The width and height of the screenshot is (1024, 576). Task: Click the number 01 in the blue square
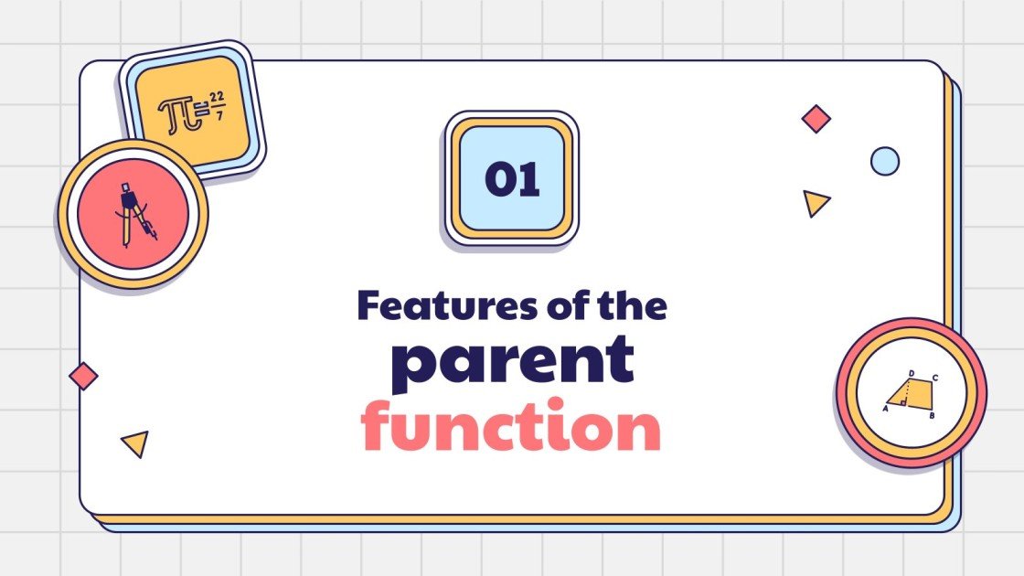pyautogui.click(x=512, y=179)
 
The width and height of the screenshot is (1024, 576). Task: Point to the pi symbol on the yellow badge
pyautogui.click(x=175, y=113)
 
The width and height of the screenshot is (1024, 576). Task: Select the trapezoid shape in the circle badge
pyautogui.click(x=910, y=394)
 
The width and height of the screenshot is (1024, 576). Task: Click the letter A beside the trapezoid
pyautogui.click(x=885, y=410)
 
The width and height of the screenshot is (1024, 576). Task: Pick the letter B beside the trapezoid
pyautogui.click(x=931, y=416)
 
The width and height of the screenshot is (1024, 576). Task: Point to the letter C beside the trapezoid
pyautogui.click(x=934, y=377)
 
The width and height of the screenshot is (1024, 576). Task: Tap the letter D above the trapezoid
pyautogui.click(x=912, y=373)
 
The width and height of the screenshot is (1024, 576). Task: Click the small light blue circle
pyautogui.click(x=884, y=161)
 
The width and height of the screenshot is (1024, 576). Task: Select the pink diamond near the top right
pyautogui.click(x=816, y=118)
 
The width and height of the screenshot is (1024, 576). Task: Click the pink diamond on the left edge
pyautogui.click(x=83, y=376)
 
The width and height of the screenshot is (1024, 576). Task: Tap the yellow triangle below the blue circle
pyautogui.click(x=815, y=202)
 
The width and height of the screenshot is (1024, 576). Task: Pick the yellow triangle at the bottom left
pyautogui.click(x=135, y=443)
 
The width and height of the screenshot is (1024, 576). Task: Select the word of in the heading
pyautogui.click(x=566, y=305)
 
